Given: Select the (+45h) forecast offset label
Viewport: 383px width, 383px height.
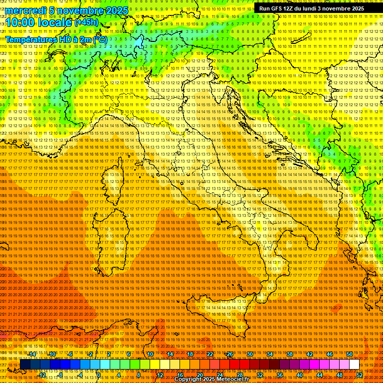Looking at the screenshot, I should click(86, 22).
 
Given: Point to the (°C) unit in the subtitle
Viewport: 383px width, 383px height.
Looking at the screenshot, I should click(100, 39).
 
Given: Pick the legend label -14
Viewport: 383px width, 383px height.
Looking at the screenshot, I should click(32, 354).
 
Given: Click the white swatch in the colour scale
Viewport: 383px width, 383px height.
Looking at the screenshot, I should click(354, 364).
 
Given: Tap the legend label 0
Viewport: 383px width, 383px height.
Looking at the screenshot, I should click(99, 375).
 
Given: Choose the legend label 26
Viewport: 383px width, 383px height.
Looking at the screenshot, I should click(230, 354).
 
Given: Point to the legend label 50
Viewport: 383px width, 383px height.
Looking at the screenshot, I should click(350, 354).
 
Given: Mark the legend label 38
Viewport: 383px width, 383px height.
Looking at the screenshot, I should click(290, 354).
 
